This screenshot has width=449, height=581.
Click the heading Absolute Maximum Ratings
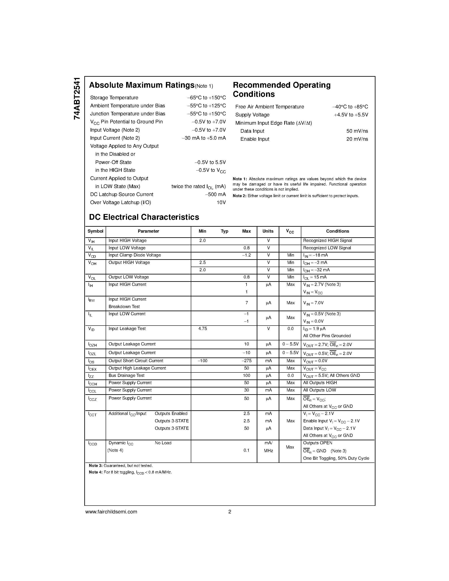click(x=142, y=85)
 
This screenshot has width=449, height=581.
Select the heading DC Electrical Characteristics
click(x=144, y=217)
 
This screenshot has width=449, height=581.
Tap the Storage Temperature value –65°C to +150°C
click(x=206, y=98)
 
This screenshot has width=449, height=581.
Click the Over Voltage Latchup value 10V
click(x=221, y=202)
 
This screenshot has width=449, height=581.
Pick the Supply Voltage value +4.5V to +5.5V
click(x=351, y=115)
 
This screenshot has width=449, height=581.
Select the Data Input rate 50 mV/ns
click(x=357, y=131)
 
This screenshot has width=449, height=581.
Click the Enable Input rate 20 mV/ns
click(x=357, y=139)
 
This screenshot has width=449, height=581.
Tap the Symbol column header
click(x=96, y=231)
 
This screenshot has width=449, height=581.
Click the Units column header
click(x=268, y=231)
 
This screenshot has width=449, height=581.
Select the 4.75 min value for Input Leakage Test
click(x=202, y=329)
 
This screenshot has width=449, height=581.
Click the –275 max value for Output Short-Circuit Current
click(x=246, y=361)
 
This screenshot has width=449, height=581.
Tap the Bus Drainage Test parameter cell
click(x=126, y=375)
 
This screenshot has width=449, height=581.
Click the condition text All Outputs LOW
click(x=319, y=390)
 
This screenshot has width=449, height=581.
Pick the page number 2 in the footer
click(x=229, y=511)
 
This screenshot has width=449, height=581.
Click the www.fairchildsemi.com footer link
click(x=111, y=511)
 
